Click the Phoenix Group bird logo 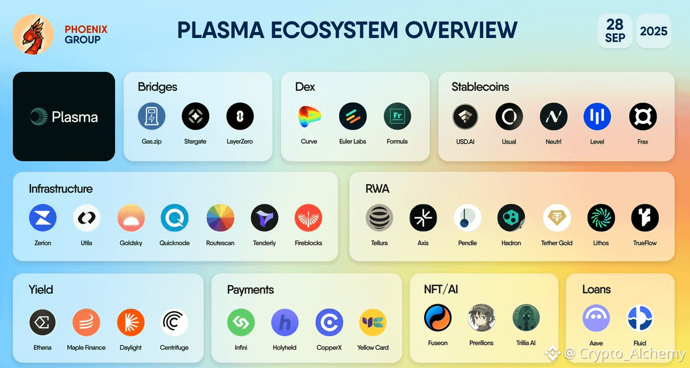[33, 34]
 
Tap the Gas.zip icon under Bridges [151, 116]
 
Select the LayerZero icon [240, 116]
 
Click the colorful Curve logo [309, 116]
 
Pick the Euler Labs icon [353, 116]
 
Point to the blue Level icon [597, 117]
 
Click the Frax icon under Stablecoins [643, 117]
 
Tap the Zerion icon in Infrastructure [43, 218]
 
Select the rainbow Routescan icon [220, 218]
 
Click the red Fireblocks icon [308, 218]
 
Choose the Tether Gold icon [557, 218]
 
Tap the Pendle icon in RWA [467, 218]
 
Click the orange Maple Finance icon [86, 322]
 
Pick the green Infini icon [241, 322]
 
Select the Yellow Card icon [373, 322]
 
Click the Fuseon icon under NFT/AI [438, 318]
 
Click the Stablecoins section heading [480, 86]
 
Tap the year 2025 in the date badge [653, 32]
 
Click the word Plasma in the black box [75, 117]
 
